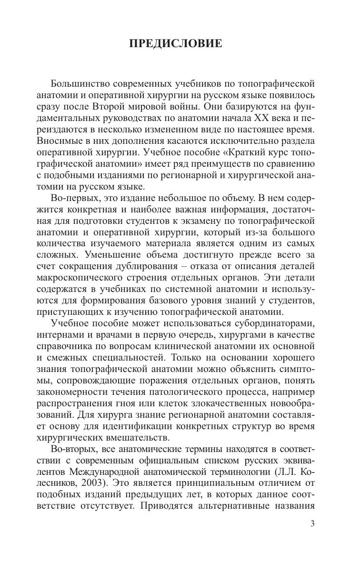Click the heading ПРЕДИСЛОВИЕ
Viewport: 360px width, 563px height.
175,44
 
